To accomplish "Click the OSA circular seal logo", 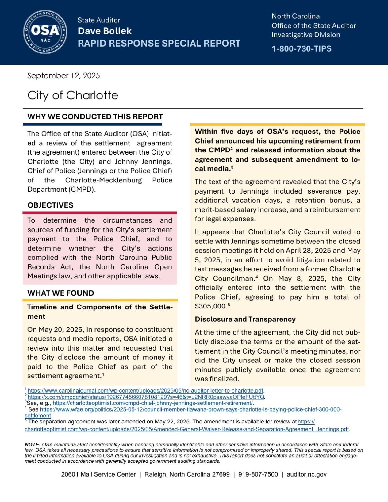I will pos(45,32).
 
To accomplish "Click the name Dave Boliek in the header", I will pos(105,31).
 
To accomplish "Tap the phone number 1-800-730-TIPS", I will pos(301,49).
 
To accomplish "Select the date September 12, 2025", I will pos(63,76).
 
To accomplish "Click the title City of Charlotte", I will pos(73,95).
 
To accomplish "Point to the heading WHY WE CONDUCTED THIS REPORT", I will pos(95,117).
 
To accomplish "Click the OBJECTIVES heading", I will pos(50,205).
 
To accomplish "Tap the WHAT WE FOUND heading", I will pos(61,293).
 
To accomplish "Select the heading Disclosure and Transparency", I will pos(245,319).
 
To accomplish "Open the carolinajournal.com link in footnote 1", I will pos(145,391).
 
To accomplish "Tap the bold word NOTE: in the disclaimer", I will pos(32,445).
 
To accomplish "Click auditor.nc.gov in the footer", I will pos(306,474).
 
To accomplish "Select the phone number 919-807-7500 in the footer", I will pos(258,474).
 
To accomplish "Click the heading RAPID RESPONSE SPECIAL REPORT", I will pos(159,44).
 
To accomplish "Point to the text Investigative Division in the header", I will pos(305,35).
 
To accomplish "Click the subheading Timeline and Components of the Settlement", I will pos(100,307).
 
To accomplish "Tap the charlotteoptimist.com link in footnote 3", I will pos(153,403).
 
